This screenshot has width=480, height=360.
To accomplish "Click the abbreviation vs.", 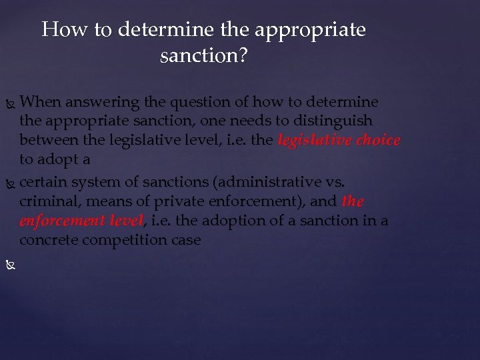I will (334, 181).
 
